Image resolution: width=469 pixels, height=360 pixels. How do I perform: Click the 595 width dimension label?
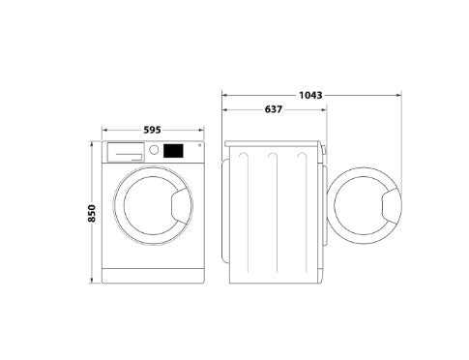coord(152,130)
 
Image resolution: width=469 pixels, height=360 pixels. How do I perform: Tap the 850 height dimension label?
coord(92,213)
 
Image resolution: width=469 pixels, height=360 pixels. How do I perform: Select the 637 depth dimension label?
coord(274,109)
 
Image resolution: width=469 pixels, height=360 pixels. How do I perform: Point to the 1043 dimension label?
coord(310,95)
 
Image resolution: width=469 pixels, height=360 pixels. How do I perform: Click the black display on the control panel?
coord(173,151)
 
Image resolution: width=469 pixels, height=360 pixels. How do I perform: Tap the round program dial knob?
coord(154,150)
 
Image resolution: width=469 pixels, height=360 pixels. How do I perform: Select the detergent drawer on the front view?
coord(126,152)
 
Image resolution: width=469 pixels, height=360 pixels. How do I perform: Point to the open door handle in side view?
coord(392,206)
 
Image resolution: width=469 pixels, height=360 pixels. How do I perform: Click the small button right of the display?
coord(199,145)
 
